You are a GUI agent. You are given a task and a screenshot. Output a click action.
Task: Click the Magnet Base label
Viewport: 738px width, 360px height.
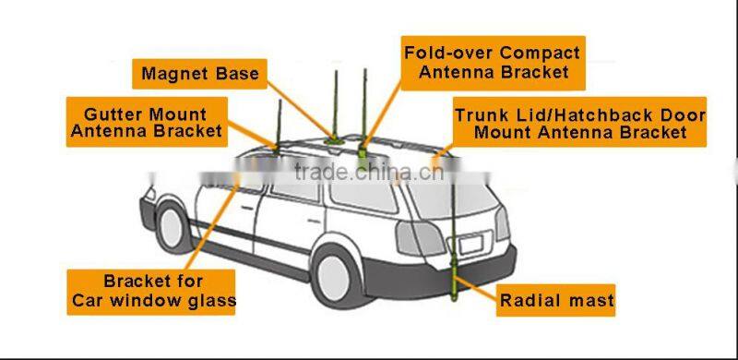200,73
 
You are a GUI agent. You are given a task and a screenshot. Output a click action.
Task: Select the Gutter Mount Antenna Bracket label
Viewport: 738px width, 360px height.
145,122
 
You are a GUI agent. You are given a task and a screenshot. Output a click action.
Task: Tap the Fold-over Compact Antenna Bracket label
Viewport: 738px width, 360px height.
493,62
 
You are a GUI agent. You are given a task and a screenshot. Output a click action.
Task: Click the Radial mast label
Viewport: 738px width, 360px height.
556,300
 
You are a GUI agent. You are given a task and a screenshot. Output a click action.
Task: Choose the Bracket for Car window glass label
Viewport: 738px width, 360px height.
151,291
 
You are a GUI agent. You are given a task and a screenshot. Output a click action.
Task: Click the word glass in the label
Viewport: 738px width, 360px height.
211,300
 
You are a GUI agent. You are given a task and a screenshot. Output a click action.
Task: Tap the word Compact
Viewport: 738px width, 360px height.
537,53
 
